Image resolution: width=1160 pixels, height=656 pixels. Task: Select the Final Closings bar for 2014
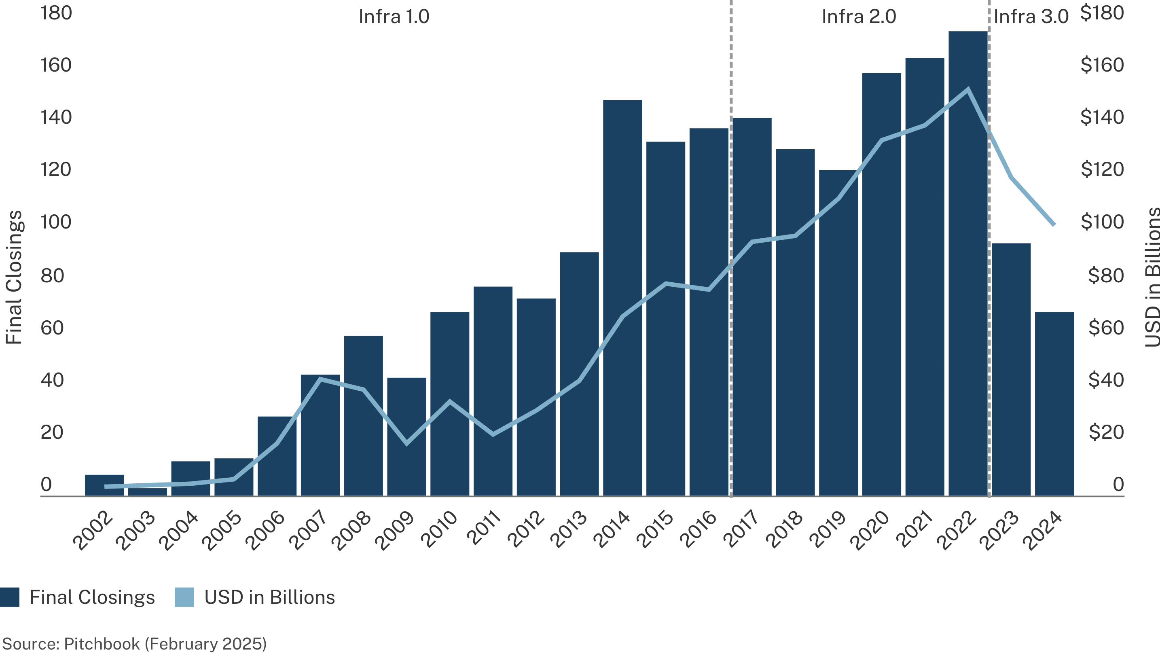(x=622, y=297)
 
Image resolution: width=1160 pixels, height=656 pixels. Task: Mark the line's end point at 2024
(x=1054, y=224)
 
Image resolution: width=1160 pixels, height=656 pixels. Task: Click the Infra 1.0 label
(x=394, y=17)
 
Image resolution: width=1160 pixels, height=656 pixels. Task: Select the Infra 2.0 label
(x=859, y=17)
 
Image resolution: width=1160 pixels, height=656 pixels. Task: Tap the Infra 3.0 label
(x=1031, y=17)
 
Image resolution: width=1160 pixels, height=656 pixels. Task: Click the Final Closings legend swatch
(x=9, y=597)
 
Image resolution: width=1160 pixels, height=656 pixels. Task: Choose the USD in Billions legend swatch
(x=184, y=597)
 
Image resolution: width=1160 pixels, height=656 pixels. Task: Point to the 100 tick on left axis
(x=56, y=222)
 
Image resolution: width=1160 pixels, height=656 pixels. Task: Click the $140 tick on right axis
(x=1101, y=117)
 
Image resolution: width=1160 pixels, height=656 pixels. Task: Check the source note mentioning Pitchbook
(x=134, y=643)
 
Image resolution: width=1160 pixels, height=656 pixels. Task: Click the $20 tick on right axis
(x=1105, y=432)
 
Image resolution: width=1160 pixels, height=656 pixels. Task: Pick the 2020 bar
(x=881, y=284)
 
